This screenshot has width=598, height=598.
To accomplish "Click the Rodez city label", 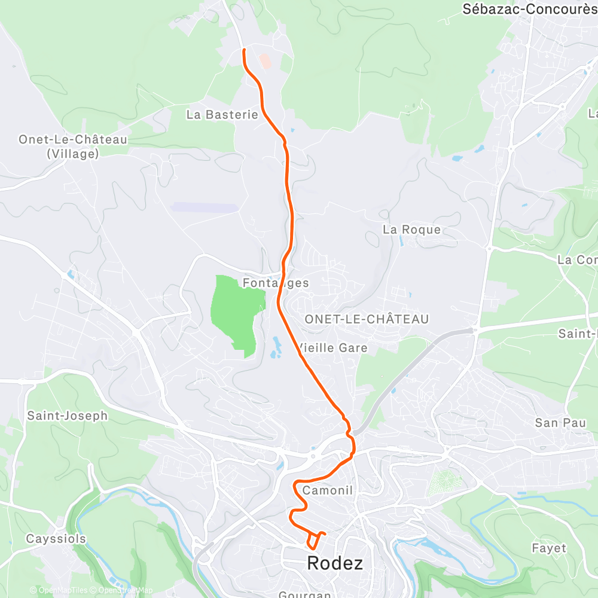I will click(x=334, y=563).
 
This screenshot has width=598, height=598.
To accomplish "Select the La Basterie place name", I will click(x=222, y=114).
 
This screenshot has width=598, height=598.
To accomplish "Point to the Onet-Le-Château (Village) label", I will click(x=73, y=147).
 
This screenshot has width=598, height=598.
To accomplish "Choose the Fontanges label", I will click(x=276, y=283).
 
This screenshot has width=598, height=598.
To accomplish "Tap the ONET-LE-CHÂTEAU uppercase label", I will click(x=367, y=319).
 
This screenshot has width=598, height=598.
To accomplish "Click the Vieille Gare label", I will click(x=332, y=348).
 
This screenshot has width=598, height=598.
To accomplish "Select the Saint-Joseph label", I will click(x=67, y=415).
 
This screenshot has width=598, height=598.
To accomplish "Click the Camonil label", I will click(x=328, y=490).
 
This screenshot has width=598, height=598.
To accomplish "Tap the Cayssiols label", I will click(x=56, y=539).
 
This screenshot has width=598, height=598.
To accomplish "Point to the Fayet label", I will click(x=548, y=548).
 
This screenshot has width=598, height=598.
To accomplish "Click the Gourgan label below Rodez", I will click(x=305, y=594).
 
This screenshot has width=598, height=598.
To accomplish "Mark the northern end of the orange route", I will click(x=244, y=51).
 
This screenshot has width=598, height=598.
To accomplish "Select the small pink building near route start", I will click(x=264, y=60).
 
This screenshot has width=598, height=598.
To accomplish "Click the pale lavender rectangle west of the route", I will click(x=204, y=208).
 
